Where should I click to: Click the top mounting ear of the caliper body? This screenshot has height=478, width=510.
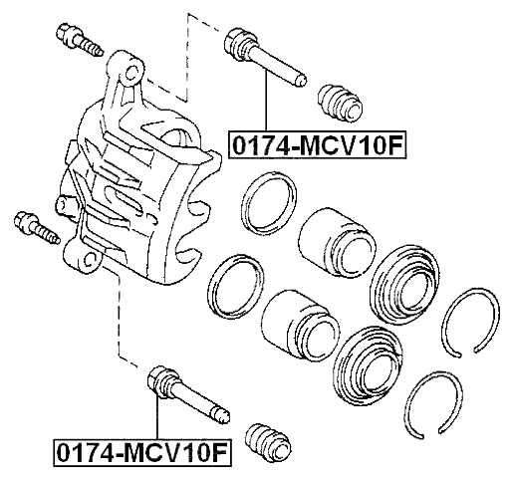point(129,71)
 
